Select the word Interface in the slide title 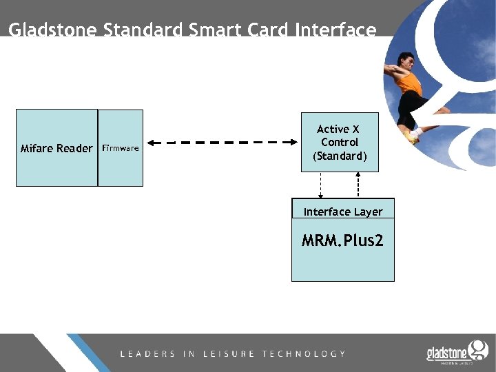click(x=335, y=30)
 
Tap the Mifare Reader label click(x=56, y=148)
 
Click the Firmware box click(x=121, y=148)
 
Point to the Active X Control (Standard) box click(x=340, y=143)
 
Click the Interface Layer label click(x=342, y=211)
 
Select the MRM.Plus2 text click(x=342, y=240)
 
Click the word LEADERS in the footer click(x=147, y=353)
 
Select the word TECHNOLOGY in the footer click(x=304, y=353)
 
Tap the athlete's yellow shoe click(x=413, y=137)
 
